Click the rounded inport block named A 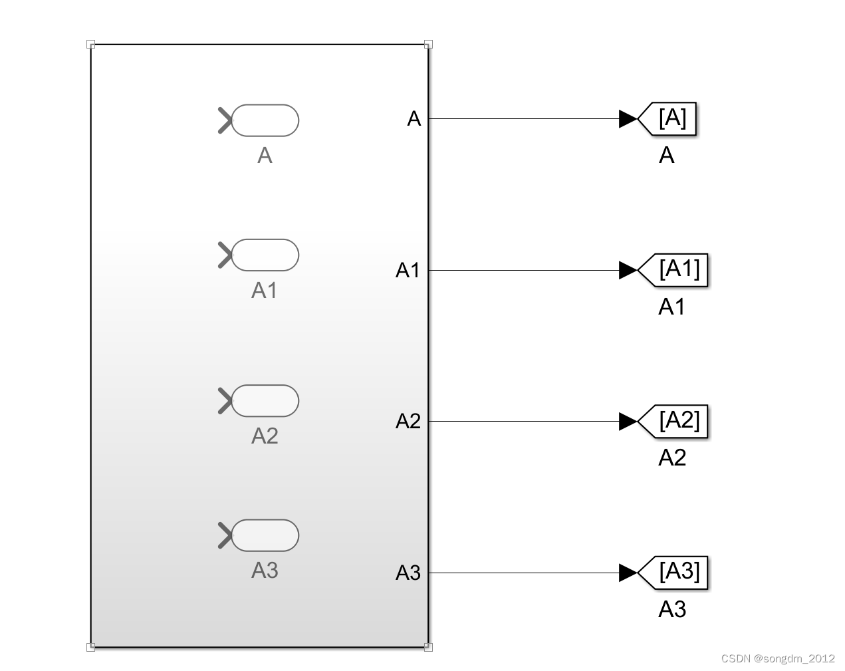(265, 120)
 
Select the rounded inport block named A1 (265, 255)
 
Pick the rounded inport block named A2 (265, 401)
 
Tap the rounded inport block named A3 (265, 535)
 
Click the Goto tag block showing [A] (668, 119)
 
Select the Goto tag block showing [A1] (674, 270)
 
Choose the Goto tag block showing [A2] (674, 421)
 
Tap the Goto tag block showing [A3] (674, 573)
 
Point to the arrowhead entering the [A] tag (628, 119)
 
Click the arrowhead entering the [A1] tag (628, 270)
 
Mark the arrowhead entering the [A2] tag (628, 421)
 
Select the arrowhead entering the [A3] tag (628, 573)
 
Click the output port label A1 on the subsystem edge (408, 270)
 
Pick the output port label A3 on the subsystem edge (408, 573)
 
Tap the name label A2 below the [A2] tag (671, 458)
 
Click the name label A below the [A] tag (666, 156)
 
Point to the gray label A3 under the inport (265, 571)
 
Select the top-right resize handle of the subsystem (428, 45)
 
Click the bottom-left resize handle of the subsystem (91, 646)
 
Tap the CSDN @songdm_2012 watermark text (778, 658)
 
